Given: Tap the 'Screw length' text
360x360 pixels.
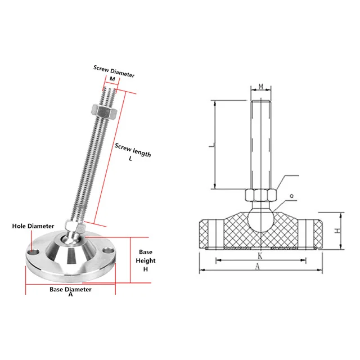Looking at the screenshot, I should (x=133, y=150).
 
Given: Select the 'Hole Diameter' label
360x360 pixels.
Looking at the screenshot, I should (x=33, y=226).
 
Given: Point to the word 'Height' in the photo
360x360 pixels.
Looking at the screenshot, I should (x=146, y=260).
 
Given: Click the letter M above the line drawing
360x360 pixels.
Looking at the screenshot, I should (x=260, y=86).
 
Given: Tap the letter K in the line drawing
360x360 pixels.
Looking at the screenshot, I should (x=260, y=255).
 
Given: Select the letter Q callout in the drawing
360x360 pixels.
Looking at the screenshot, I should (x=291, y=196).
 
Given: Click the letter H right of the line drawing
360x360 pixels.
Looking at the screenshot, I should (x=336, y=231).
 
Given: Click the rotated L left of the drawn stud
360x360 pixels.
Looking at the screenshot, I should (x=210, y=145).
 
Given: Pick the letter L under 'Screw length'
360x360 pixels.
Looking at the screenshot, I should (x=130, y=159).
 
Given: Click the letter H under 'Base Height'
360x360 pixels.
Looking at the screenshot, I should (x=145, y=269).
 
